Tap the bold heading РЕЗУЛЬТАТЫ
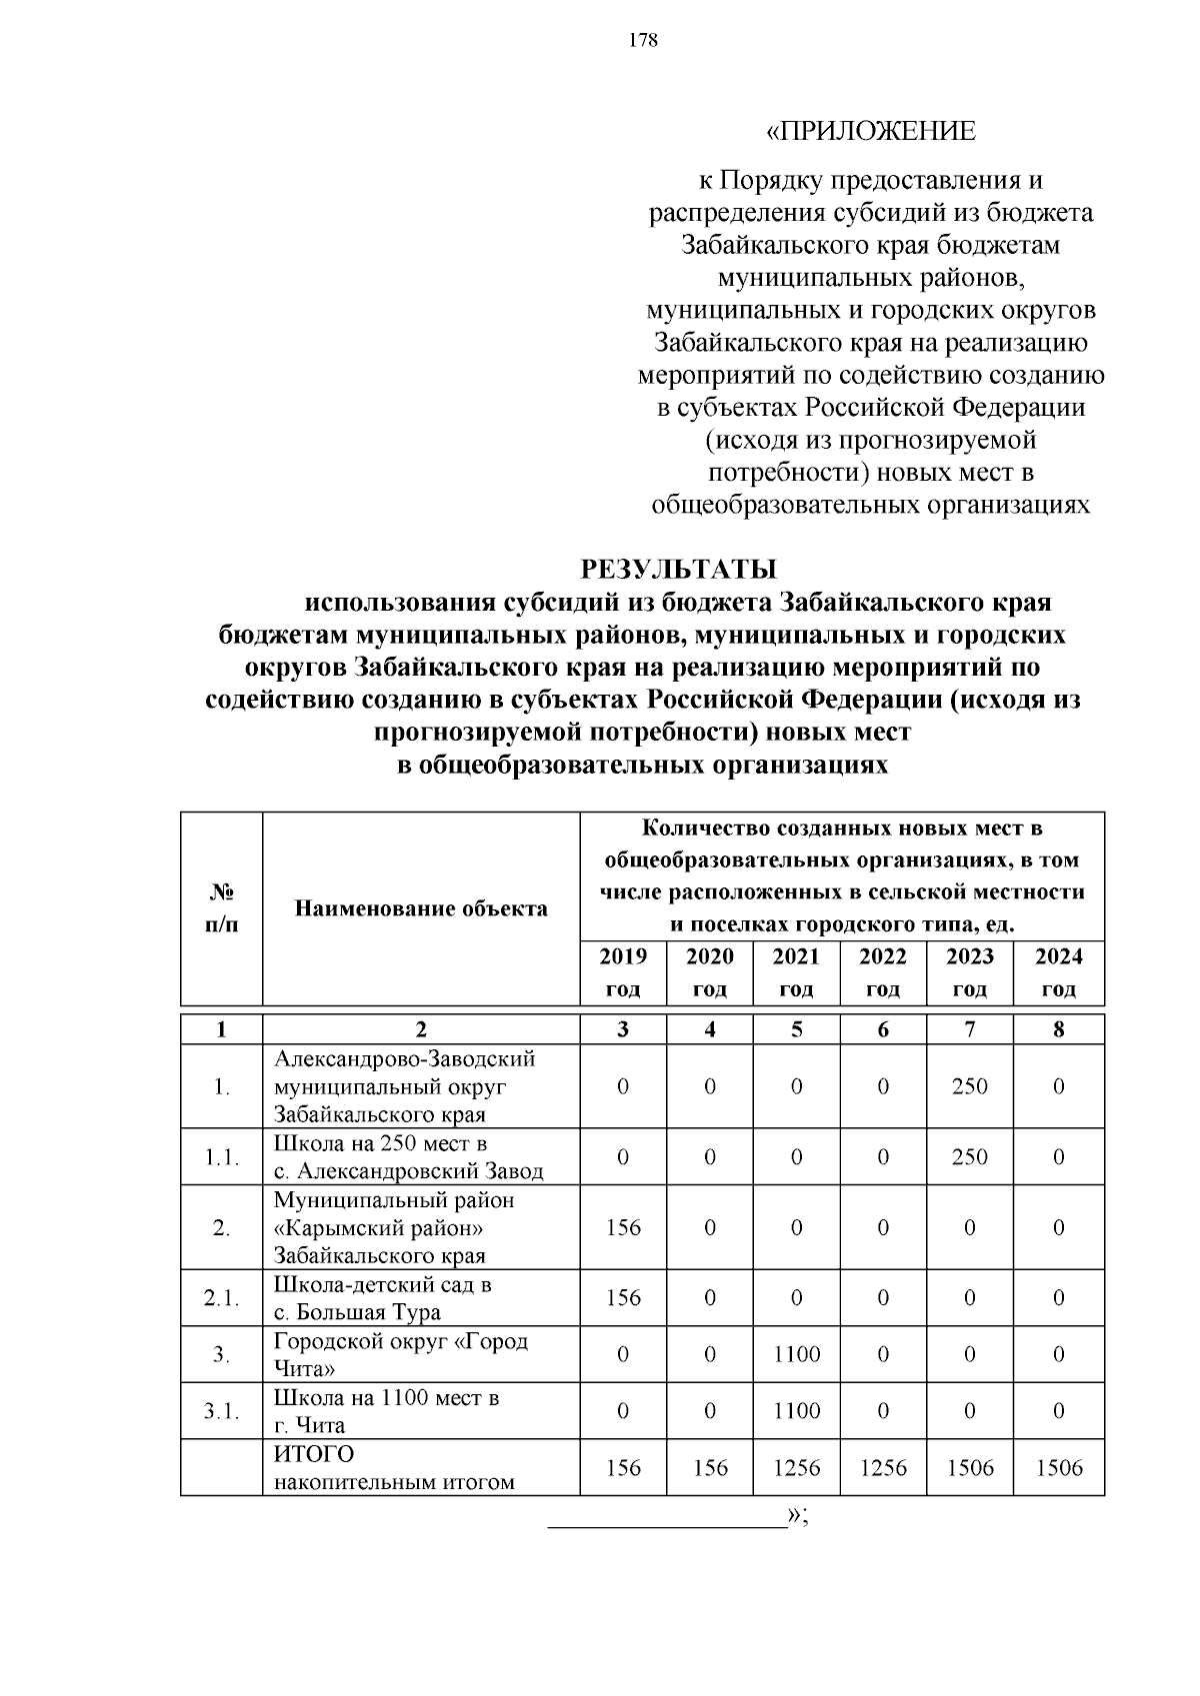click(679, 570)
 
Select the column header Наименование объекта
click(421, 908)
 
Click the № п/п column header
click(221, 908)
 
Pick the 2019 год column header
click(623, 972)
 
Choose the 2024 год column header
click(1058, 972)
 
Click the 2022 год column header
click(883, 972)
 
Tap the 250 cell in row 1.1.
click(969, 1157)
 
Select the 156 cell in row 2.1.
click(623, 1298)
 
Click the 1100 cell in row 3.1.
click(796, 1411)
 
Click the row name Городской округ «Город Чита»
click(400, 1354)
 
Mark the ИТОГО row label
click(314, 1454)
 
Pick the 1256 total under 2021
click(796, 1467)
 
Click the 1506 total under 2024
click(1058, 1467)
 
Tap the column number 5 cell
click(796, 1029)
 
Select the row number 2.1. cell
click(221, 1298)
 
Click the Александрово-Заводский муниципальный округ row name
click(405, 1086)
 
